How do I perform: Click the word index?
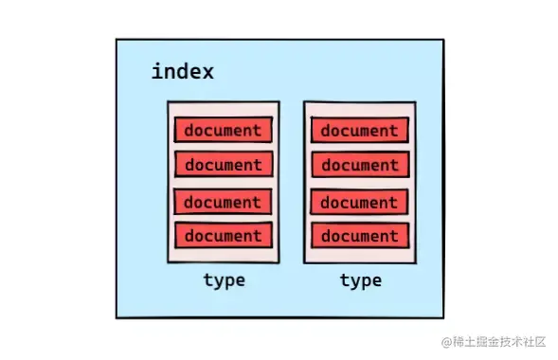click(182, 71)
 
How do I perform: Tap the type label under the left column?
click(224, 279)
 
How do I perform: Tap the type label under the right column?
click(360, 279)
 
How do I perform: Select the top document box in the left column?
click(223, 129)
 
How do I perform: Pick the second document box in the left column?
click(223, 164)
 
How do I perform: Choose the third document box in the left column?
click(223, 202)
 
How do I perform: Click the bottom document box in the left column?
click(223, 235)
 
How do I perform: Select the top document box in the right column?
click(359, 130)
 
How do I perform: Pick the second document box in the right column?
click(359, 165)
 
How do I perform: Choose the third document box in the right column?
click(359, 202)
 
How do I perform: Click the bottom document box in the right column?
click(359, 235)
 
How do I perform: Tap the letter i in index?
click(156, 71)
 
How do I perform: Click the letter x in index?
click(207, 72)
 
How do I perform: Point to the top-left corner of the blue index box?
click(117, 40)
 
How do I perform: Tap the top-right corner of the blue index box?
click(443, 40)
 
